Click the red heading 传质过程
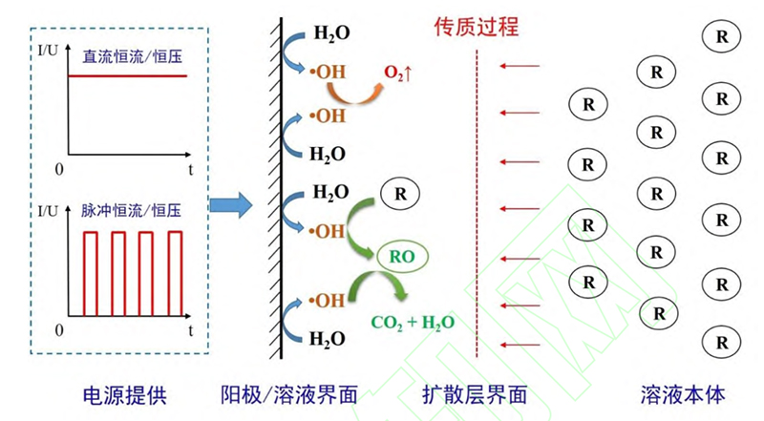[x=476, y=26]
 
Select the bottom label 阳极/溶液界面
[x=289, y=393]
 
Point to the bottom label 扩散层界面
[x=476, y=393]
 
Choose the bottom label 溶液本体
[x=684, y=393]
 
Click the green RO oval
[x=400, y=255]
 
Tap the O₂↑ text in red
[x=397, y=73]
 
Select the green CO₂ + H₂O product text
[x=412, y=322]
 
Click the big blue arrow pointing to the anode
[x=231, y=203]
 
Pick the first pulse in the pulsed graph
[x=92, y=272]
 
